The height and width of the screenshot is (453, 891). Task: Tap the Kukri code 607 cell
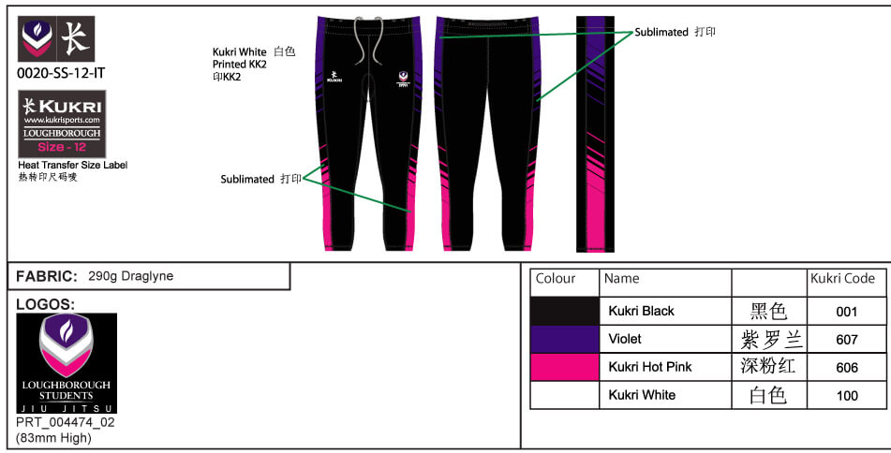click(847, 340)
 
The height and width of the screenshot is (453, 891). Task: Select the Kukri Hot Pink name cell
click(649, 367)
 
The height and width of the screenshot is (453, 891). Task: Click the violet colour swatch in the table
click(564, 339)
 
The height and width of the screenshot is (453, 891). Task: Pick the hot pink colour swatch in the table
click(564, 367)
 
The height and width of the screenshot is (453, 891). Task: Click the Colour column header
click(556, 278)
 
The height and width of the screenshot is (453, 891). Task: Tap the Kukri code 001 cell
click(847, 312)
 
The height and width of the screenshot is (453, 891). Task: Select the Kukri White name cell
click(642, 395)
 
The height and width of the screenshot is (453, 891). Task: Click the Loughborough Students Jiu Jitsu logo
click(67, 363)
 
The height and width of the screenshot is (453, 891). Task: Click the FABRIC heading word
click(46, 277)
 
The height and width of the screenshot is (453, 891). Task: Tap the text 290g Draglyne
click(130, 277)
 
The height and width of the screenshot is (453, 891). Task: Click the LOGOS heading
click(46, 304)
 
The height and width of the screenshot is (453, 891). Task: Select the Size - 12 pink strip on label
click(64, 147)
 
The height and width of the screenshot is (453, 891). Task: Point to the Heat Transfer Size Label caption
click(73, 165)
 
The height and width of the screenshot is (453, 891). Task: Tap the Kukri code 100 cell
click(847, 396)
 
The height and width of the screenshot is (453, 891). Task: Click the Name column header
click(622, 278)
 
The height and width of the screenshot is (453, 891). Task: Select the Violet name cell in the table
click(625, 339)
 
